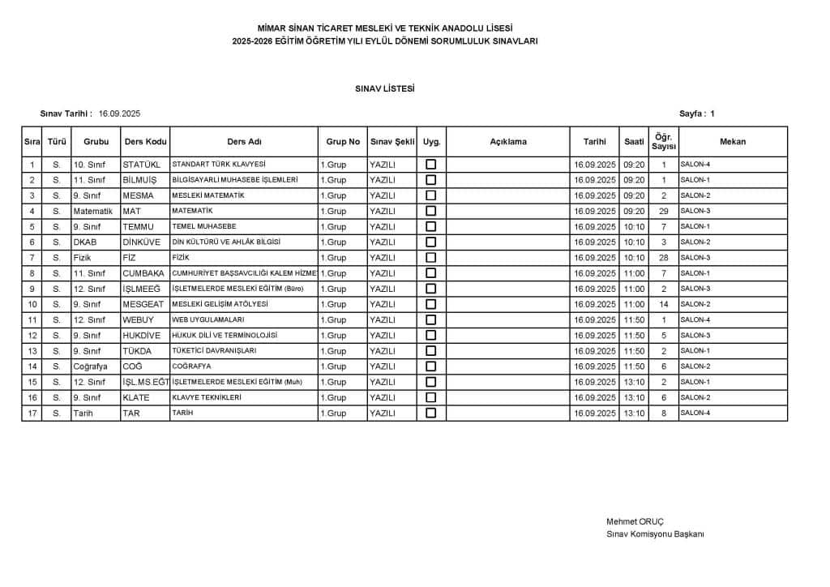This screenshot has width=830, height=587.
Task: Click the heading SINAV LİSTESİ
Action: coord(384,88)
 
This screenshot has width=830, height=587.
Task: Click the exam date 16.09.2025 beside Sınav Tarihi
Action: coord(120,114)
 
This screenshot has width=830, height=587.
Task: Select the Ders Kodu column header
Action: coord(145,142)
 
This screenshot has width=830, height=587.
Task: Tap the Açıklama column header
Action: coord(508,142)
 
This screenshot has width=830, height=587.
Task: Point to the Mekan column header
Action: coord(732,142)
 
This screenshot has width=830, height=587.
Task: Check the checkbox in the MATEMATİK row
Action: coord(431,211)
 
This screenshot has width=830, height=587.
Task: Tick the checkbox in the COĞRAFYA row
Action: coord(431,366)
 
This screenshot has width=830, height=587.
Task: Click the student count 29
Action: coord(663,211)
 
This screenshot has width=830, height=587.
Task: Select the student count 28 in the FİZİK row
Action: coord(663,258)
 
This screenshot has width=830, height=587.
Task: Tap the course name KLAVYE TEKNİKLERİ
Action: coord(207,397)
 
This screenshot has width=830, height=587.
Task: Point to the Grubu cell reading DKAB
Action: coord(84,242)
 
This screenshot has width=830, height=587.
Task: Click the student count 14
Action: coord(663,304)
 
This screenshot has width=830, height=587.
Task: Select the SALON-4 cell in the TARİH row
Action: coord(695,413)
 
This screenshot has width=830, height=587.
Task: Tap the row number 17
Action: coord(32,413)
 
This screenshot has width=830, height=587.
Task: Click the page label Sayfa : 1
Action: coord(697,114)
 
